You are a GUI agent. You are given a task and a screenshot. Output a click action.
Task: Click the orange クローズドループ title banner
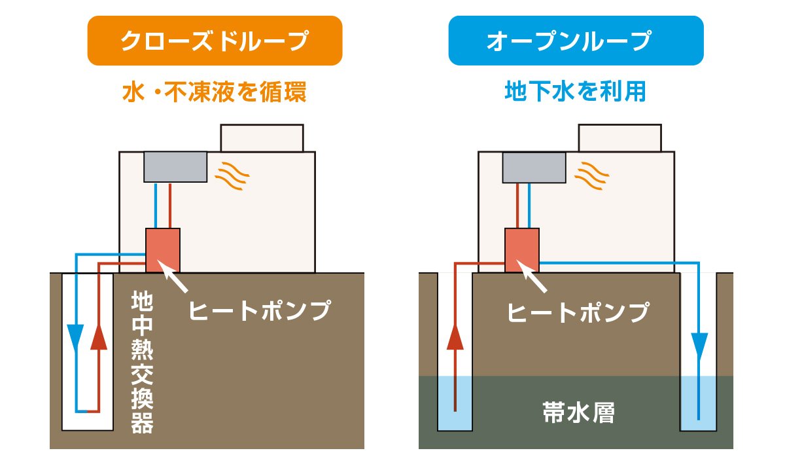215,41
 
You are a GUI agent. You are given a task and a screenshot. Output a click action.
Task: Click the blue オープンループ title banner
576,41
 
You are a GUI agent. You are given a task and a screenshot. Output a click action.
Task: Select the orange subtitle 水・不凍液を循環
215,92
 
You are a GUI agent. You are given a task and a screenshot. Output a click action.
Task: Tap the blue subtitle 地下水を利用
576,92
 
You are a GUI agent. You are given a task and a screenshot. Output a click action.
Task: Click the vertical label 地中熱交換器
142,363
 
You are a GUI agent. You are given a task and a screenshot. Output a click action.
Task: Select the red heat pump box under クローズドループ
163,249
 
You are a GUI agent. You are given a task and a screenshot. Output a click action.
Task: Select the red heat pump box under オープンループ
522,249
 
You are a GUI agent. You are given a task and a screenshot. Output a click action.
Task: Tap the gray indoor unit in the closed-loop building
175,167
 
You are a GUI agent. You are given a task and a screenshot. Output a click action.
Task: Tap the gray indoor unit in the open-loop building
534,167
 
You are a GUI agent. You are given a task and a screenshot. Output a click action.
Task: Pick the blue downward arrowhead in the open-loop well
699,342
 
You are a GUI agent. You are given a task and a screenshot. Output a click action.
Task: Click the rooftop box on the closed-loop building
262,137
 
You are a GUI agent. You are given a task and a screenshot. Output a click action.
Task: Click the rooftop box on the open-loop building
620,137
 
